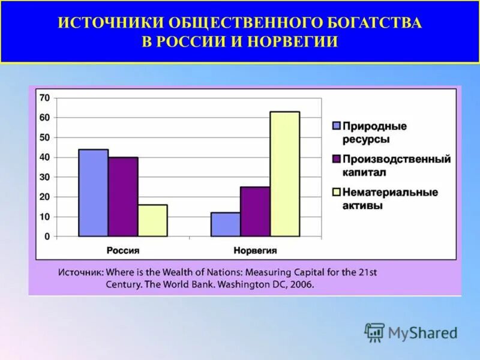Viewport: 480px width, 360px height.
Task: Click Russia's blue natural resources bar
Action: point(93,193)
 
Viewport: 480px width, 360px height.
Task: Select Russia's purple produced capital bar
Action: point(123,197)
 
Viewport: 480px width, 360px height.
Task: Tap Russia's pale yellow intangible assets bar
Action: point(152,220)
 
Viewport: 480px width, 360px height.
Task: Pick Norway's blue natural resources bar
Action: point(226,224)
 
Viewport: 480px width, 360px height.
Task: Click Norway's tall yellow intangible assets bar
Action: point(284,174)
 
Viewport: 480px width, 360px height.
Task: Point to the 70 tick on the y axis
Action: point(44,98)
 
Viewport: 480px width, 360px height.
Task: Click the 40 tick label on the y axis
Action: point(44,157)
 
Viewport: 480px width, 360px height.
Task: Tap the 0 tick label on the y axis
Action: point(47,236)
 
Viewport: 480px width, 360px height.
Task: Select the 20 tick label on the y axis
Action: point(44,197)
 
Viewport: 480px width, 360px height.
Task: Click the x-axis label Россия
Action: point(123,250)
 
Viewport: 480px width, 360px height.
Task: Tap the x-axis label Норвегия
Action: point(256,250)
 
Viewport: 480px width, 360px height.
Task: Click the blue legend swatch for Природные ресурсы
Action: point(337,126)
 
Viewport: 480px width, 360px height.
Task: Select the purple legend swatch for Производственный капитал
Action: point(337,159)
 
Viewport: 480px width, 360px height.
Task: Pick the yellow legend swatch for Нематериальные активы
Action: point(337,193)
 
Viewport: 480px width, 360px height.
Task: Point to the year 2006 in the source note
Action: point(301,284)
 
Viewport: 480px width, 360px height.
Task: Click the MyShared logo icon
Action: point(374,331)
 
